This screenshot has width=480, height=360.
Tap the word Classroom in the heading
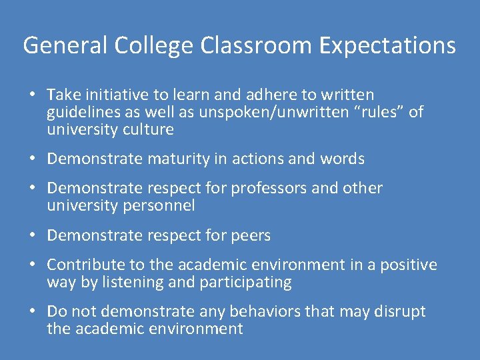pyautogui.click(x=253, y=45)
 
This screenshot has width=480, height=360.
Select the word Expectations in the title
pyautogui.click(x=387, y=45)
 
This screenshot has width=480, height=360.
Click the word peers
pyautogui.click(x=249, y=235)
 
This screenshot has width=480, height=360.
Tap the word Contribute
pyautogui.click(x=85, y=265)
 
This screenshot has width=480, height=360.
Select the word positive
pyautogui.click(x=409, y=265)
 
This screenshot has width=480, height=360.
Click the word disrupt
pyautogui.click(x=400, y=311)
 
